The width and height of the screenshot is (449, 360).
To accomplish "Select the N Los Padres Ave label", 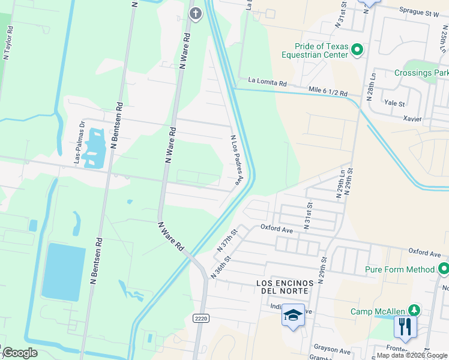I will [x=237, y=160].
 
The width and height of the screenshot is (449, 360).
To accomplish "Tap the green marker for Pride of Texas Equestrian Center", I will [x=357, y=50].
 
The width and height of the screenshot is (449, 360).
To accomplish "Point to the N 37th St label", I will [x=228, y=239].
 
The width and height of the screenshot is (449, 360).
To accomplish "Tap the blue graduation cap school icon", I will [x=293, y=315].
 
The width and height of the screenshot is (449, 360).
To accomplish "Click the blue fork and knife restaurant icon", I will [x=405, y=327].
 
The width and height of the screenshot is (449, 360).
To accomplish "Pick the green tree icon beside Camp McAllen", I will [x=413, y=310].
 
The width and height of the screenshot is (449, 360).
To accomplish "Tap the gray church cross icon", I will [x=195, y=13].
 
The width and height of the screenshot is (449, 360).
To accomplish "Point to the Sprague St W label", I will [x=420, y=11].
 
